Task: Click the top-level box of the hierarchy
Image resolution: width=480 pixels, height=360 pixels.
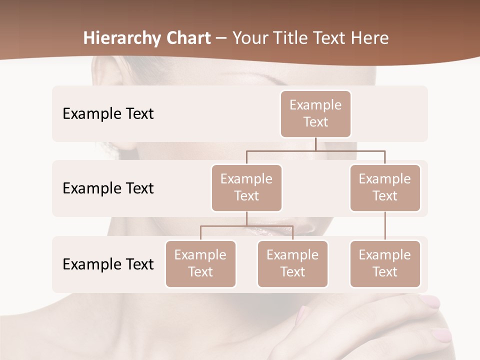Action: click(315, 114)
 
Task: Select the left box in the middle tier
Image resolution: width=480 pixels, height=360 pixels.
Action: click(246, 188)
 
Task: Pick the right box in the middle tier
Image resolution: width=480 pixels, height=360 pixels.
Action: click(385, 188)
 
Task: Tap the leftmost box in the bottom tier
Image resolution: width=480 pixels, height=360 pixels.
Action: click(200, 264)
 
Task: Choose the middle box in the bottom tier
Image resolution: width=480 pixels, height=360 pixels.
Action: click(292, 264)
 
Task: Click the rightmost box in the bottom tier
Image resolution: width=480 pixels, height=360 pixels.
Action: click(385, 264)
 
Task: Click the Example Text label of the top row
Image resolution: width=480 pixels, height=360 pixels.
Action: click(108, 114)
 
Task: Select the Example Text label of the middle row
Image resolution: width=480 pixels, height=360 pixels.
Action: click(108, 188)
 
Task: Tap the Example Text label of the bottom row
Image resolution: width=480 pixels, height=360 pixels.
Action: click(108, 264)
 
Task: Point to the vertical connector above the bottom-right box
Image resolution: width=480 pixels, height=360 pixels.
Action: click(385, 226)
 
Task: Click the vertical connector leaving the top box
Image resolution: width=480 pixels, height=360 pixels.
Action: click(315, 144)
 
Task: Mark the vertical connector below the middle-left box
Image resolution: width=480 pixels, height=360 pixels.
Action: click(246, 218)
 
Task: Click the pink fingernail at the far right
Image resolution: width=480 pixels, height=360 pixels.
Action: click(442, 334)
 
